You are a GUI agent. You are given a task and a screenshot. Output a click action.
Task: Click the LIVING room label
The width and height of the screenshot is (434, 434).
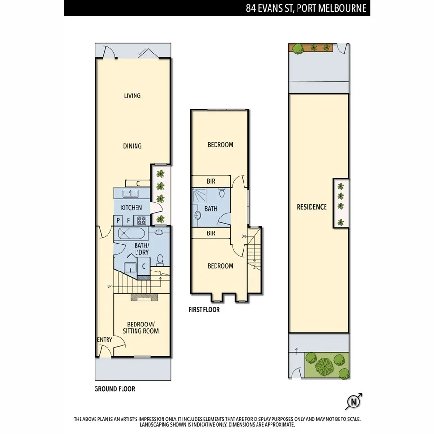click(132, 95)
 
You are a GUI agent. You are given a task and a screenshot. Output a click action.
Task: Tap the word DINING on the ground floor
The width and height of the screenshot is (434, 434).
click(132, 146)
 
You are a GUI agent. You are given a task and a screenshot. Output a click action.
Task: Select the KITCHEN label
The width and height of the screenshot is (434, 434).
click(131, 208)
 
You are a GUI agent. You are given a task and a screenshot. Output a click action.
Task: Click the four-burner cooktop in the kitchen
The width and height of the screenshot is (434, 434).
click(142, 220)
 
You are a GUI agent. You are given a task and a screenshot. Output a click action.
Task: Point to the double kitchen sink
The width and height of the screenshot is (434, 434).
click(129, 194)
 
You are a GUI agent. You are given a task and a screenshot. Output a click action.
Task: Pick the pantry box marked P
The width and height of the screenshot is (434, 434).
click(118, 220)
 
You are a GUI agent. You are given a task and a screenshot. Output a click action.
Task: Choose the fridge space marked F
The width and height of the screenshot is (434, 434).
click(129, 220)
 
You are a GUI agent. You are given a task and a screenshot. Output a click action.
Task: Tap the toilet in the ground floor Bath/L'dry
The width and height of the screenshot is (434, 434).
click(160, 260)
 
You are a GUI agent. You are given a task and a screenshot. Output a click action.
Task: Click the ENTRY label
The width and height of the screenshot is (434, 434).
click(105, 340)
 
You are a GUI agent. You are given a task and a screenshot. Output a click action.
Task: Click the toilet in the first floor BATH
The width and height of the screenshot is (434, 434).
click(221, 193)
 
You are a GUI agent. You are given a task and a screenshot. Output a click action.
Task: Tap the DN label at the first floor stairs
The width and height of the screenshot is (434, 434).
click(244, 236)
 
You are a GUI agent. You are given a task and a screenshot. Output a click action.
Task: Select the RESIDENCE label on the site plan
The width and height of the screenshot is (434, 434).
click(312, 207)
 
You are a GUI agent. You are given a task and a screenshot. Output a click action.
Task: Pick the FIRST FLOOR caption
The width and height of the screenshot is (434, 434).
click(204, 310)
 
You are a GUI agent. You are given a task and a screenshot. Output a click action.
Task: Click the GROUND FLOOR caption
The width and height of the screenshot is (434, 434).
click(114, 389)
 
